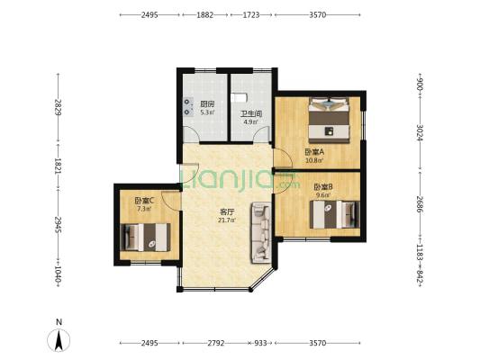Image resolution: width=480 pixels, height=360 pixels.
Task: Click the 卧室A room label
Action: click(314, 152)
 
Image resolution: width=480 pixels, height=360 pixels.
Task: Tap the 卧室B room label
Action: click(323, 186)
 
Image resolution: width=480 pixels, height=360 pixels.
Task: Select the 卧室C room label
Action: click(144, 201)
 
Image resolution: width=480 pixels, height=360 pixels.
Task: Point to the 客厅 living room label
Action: click(227, 212)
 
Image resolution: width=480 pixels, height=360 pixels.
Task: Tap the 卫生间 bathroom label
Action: click(251, 114)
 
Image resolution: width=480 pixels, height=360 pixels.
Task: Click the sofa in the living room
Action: click(261, 232)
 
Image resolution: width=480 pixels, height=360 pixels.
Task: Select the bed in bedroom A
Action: click(329, 120)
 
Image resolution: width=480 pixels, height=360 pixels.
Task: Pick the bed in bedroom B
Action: click(335, 214)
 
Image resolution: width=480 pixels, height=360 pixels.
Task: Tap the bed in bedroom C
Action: click(145, 238)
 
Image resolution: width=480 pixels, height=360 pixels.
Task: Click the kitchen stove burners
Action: click(188, 107)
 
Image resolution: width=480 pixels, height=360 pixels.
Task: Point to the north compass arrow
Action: click(59, 340)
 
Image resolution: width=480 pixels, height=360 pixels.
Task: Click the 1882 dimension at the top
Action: click(205, 14)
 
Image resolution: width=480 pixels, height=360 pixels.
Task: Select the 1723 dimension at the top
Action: click(251, 14)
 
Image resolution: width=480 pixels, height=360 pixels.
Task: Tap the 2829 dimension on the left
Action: click(59, 107)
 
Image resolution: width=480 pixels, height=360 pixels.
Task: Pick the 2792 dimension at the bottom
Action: click(216, 343)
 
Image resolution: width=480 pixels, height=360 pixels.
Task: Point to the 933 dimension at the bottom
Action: click(260, 343)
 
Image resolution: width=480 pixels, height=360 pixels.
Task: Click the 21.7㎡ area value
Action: click(227, 220)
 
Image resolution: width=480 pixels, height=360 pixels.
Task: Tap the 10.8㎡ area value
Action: click(314, 160)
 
